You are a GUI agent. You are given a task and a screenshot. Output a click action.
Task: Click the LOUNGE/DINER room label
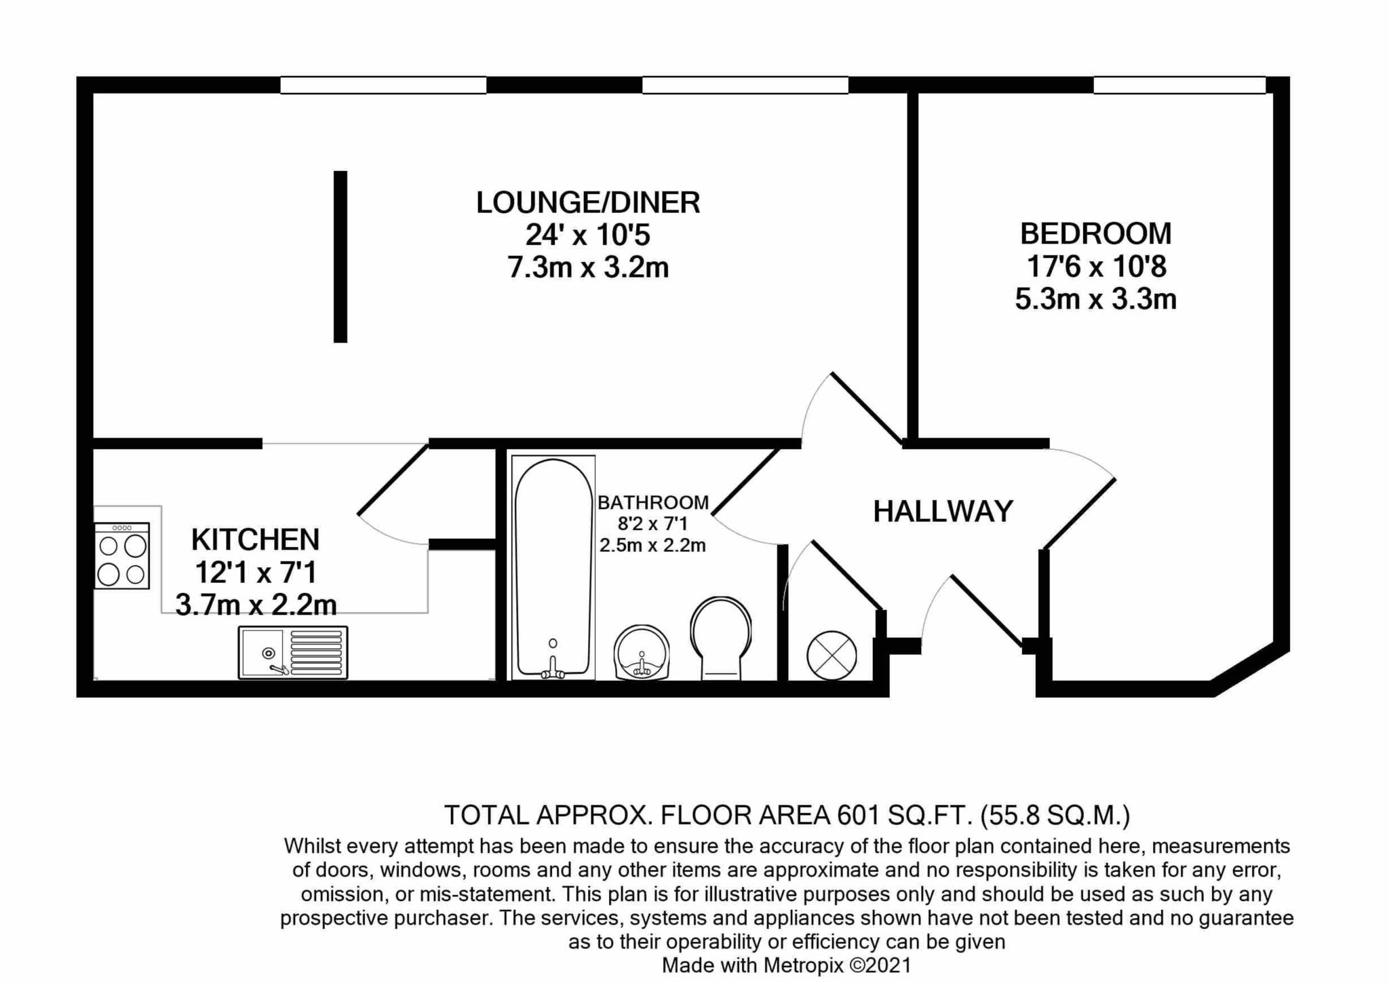[588, 203]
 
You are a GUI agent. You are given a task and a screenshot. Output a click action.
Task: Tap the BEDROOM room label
[1096, 234]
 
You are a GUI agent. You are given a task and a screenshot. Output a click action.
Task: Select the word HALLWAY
[943, 512]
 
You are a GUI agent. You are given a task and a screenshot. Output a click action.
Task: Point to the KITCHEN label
[255, 540]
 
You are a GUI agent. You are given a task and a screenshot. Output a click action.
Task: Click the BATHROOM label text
[653, 503]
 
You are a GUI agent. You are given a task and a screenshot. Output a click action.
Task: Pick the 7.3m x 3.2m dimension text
[588, 268]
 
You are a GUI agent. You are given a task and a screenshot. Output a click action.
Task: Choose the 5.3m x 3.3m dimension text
[1096, 299]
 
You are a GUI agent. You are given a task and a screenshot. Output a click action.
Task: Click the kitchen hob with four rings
[122, 556]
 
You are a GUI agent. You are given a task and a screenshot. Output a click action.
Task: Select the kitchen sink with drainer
[293, 652]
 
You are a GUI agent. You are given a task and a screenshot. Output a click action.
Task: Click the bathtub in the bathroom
[553, 567]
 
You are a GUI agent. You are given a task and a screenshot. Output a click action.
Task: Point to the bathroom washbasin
[642, 652]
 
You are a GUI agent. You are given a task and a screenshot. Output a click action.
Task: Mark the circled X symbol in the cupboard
[832, 656]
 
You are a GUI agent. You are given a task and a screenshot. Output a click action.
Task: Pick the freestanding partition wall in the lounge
[340, 257]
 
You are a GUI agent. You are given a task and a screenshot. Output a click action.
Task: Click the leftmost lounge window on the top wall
[383, 85]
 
